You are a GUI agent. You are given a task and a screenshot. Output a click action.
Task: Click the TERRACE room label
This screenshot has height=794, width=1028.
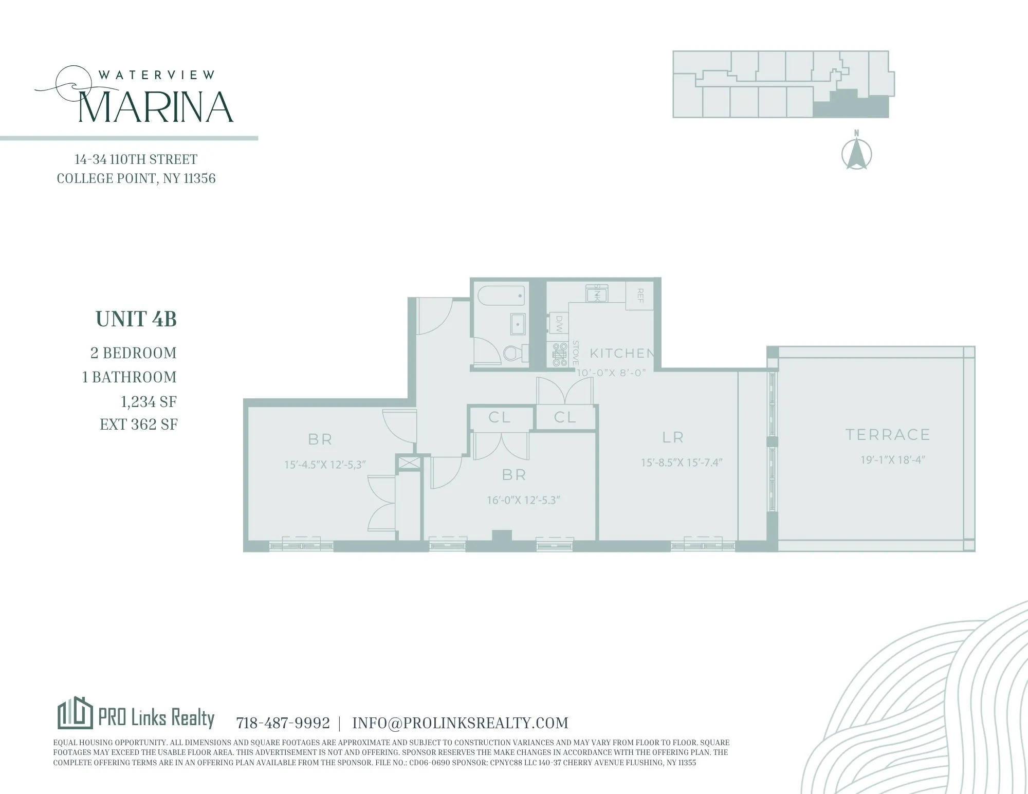[x=888, y=435]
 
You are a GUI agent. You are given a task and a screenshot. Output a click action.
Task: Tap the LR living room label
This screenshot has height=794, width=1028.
[x=673, y=437]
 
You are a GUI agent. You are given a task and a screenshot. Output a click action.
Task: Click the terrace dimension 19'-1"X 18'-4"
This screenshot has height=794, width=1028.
[x=893, y=460]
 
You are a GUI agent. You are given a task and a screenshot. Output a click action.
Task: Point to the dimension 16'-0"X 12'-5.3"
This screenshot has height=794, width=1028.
[x=523, y=500]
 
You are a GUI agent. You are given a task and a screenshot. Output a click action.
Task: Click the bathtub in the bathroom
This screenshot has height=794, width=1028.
[x=501, y=297]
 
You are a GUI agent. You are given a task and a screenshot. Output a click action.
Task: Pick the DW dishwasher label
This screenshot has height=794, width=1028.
[x=559, y=324]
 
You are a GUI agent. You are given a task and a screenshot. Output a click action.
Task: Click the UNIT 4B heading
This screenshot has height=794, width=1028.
[x=136, y=319]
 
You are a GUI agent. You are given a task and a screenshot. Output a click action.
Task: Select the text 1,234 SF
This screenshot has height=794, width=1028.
[x=149, y=401]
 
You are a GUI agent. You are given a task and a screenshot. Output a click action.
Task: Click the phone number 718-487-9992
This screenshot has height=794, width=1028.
[x=283, y=723]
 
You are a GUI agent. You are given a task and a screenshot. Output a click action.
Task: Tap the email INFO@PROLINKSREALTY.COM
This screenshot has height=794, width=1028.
[x=460, y=723]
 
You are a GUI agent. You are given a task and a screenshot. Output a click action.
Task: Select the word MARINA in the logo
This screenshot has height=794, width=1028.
[x=156, y=107]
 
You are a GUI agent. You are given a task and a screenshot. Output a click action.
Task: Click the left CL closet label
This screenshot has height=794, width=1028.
[x=500, y=417]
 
